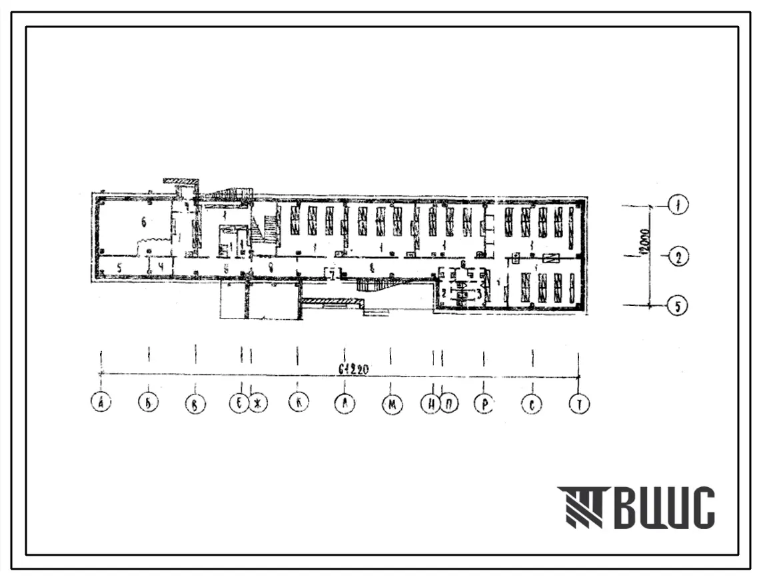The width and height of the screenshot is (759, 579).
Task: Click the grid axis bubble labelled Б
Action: coord(148,403)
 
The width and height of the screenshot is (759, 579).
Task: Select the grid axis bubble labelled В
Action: coord(195,404)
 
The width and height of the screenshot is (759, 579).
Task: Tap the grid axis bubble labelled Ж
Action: coord(258,404)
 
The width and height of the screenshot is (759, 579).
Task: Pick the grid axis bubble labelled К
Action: coord(298,403)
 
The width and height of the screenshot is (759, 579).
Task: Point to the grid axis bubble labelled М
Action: coord(391,404)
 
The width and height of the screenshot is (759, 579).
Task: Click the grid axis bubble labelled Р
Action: coord(484,404)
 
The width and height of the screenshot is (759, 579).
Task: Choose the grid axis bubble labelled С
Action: coord(532,404)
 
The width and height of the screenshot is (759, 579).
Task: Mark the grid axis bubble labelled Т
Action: coord(579,404)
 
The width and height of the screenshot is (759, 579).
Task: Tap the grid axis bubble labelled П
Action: coord(448,404)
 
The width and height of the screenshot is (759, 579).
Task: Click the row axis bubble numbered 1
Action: coord(678,206)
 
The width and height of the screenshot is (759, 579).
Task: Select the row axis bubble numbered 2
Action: coord(678,257)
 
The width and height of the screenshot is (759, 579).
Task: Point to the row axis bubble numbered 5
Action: coord(678,306)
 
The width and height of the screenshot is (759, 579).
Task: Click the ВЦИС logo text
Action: coord(667,508)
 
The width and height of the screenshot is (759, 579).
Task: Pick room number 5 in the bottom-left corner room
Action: coord(119,267)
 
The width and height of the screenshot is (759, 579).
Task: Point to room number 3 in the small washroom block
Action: coord(478,292)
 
